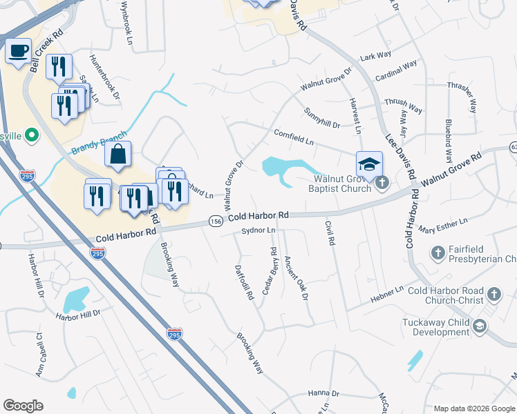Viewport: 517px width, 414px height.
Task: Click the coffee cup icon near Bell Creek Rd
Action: pyautogui.click(x=19, y=50)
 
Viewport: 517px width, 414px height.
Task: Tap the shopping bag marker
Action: pyautogui.click(x=118, y=155)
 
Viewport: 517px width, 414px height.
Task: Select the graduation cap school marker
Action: pyautogui.click(x=369, y=164)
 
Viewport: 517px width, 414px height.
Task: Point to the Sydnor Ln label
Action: pyautogui.click(x=259, y=230)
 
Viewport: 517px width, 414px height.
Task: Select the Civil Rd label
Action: pyautogui.click(x=330, y=233)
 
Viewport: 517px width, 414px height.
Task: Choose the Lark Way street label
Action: pyautogui.click(x=375, y=55)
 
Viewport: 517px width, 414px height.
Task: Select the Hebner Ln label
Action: pyautogui.click(x=389, y=293)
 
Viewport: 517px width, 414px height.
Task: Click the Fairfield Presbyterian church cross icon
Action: pyautogui.click(x=437, y=253)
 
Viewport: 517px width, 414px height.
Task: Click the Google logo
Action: pyautogui.click(x=23, y=406)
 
